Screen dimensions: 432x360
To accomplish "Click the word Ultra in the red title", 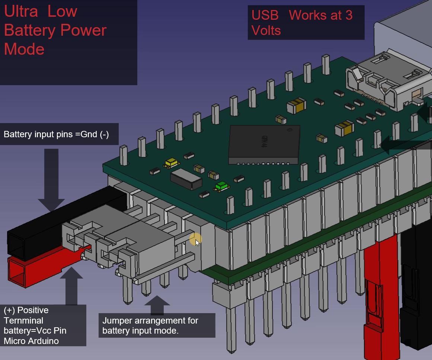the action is [x=21, y=12].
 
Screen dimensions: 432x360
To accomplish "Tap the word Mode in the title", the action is [x=24, y=49].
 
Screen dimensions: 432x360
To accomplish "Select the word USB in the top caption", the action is [x=265, y=15].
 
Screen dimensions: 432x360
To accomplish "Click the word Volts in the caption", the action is [x=266, y=30].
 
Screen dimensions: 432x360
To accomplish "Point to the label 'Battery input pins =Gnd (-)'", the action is [x=56, y=134].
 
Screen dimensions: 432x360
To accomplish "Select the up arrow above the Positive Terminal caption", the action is [x=71, y=286].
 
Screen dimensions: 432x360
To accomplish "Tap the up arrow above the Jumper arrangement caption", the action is [x=157, y=305].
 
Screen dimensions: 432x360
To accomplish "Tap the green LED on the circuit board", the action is [x=221, y=186].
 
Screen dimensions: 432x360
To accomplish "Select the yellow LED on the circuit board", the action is [x=171, y=163].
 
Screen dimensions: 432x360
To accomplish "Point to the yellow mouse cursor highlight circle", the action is [x=196, y=240].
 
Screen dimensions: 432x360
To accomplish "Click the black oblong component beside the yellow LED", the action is [x=186, y=179].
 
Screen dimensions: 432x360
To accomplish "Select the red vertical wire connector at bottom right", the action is [x=382, y=298].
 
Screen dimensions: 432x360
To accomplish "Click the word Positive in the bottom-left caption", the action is [x=33, y=311].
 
